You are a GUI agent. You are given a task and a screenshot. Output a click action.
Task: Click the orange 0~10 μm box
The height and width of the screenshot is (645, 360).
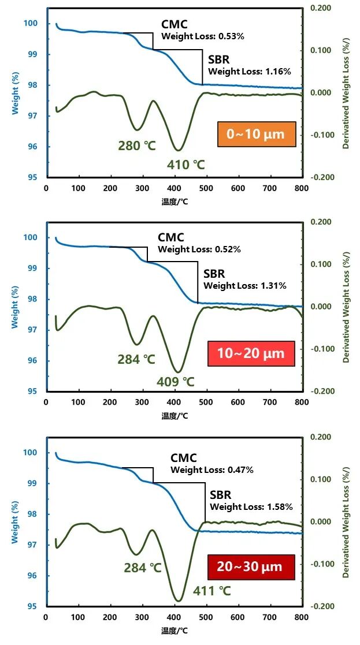point(256,135)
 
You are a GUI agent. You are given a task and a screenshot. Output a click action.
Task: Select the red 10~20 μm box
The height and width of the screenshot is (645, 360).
point(251,353)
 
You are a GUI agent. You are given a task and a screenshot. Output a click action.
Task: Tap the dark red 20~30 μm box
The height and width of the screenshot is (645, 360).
point(251,567)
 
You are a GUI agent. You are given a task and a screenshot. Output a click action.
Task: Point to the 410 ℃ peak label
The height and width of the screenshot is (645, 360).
point(186,165)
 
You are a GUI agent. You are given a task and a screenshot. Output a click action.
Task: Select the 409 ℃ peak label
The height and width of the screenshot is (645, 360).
point(176,382)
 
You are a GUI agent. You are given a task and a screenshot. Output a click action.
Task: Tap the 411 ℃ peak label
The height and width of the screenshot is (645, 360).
point(211,591)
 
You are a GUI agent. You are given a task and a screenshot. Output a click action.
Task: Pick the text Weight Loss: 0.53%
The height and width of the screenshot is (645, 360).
point(203,36)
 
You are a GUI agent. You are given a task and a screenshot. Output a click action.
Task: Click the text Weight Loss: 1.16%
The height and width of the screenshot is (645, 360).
point(250,72)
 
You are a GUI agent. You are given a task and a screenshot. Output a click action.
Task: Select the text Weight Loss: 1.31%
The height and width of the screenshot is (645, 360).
point(245,285)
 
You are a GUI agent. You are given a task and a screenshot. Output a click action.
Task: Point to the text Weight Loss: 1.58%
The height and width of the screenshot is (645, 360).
point(251,506)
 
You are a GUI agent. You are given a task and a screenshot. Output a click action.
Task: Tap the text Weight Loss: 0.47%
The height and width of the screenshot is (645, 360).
point(212,470)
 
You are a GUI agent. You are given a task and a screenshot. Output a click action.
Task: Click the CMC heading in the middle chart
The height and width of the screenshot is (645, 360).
point(171,237)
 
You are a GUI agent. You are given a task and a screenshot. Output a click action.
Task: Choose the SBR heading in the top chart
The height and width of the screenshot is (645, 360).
point(219,59)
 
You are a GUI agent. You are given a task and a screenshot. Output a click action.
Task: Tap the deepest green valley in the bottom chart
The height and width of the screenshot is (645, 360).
point(179,601)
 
